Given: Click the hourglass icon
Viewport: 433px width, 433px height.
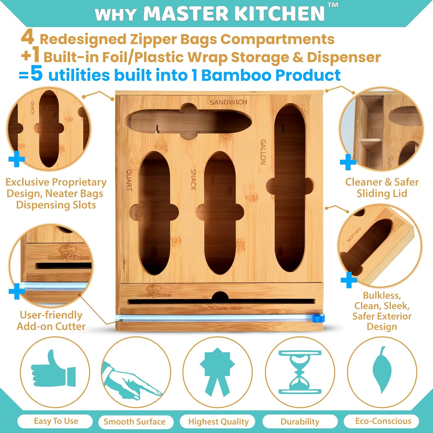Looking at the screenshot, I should click(x=300, y=372).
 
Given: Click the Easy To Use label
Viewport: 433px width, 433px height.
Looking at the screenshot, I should click(x=56, y=421).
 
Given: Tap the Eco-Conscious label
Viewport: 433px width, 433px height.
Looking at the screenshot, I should click(x=383, y=421).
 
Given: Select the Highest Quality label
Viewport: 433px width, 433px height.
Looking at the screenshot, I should click(x=218, y=422).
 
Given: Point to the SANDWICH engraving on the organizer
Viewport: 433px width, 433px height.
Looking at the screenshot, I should click(x=228, y=102).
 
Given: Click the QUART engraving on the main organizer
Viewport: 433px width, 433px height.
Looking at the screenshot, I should click(x=129, y=180).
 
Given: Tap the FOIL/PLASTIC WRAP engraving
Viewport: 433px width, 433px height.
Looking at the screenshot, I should click(x=220, y=309).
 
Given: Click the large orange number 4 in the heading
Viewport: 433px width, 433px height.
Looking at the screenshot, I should click(x=27, y=38).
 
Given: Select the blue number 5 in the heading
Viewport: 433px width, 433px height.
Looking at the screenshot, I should click(x=37, y=74).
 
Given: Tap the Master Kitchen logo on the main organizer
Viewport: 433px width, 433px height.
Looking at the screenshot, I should click(x=154, y=292).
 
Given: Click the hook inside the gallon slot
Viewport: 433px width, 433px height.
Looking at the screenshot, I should click(x=283, y=129).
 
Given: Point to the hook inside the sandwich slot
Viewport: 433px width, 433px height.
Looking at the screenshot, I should click(x=157, y=129).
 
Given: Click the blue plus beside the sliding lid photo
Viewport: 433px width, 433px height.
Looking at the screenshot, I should click(x=348, y=162).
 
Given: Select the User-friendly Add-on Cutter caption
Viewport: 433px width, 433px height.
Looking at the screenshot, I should click(x=51, y=320).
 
